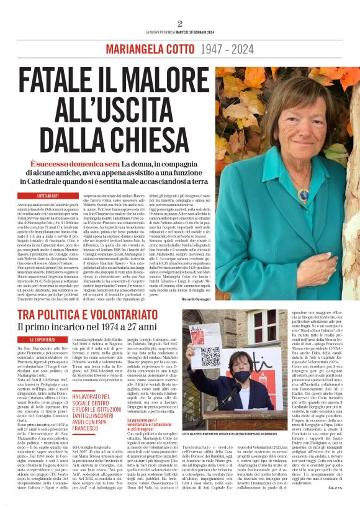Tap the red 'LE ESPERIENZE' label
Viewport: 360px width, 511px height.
pos(44,340)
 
